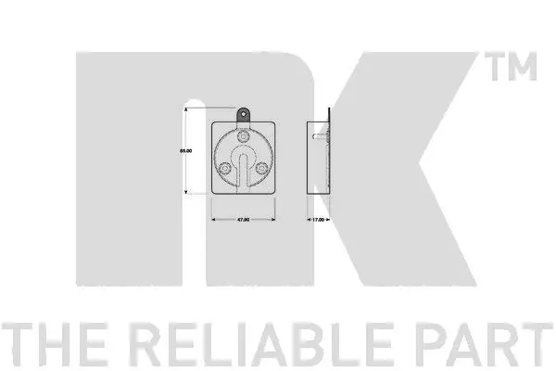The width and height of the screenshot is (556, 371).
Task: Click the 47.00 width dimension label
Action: pyautogui.click(x=243, y=220)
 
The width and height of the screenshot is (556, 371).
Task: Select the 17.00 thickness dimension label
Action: pyautogui.click(x=318, y=220)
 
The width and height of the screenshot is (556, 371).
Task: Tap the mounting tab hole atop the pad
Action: pyautogui.click(x=243, y=113)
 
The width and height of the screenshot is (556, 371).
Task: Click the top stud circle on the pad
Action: pyautogui.click(x=243, y=136)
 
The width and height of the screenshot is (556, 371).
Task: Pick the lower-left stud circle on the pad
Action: pyautogui.click(x=225, y=168)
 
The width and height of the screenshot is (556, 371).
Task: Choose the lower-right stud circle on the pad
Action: pyautogui.click(x=261, y=168)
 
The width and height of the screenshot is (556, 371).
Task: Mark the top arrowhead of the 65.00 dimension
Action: pyautogui.click(x=188, y=109)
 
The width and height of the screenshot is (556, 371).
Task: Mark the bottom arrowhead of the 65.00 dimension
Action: pyautogui.click(x=188, y=192)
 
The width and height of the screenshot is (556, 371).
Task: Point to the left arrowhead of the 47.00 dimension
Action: pyautogui.click(x=215, y=220)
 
